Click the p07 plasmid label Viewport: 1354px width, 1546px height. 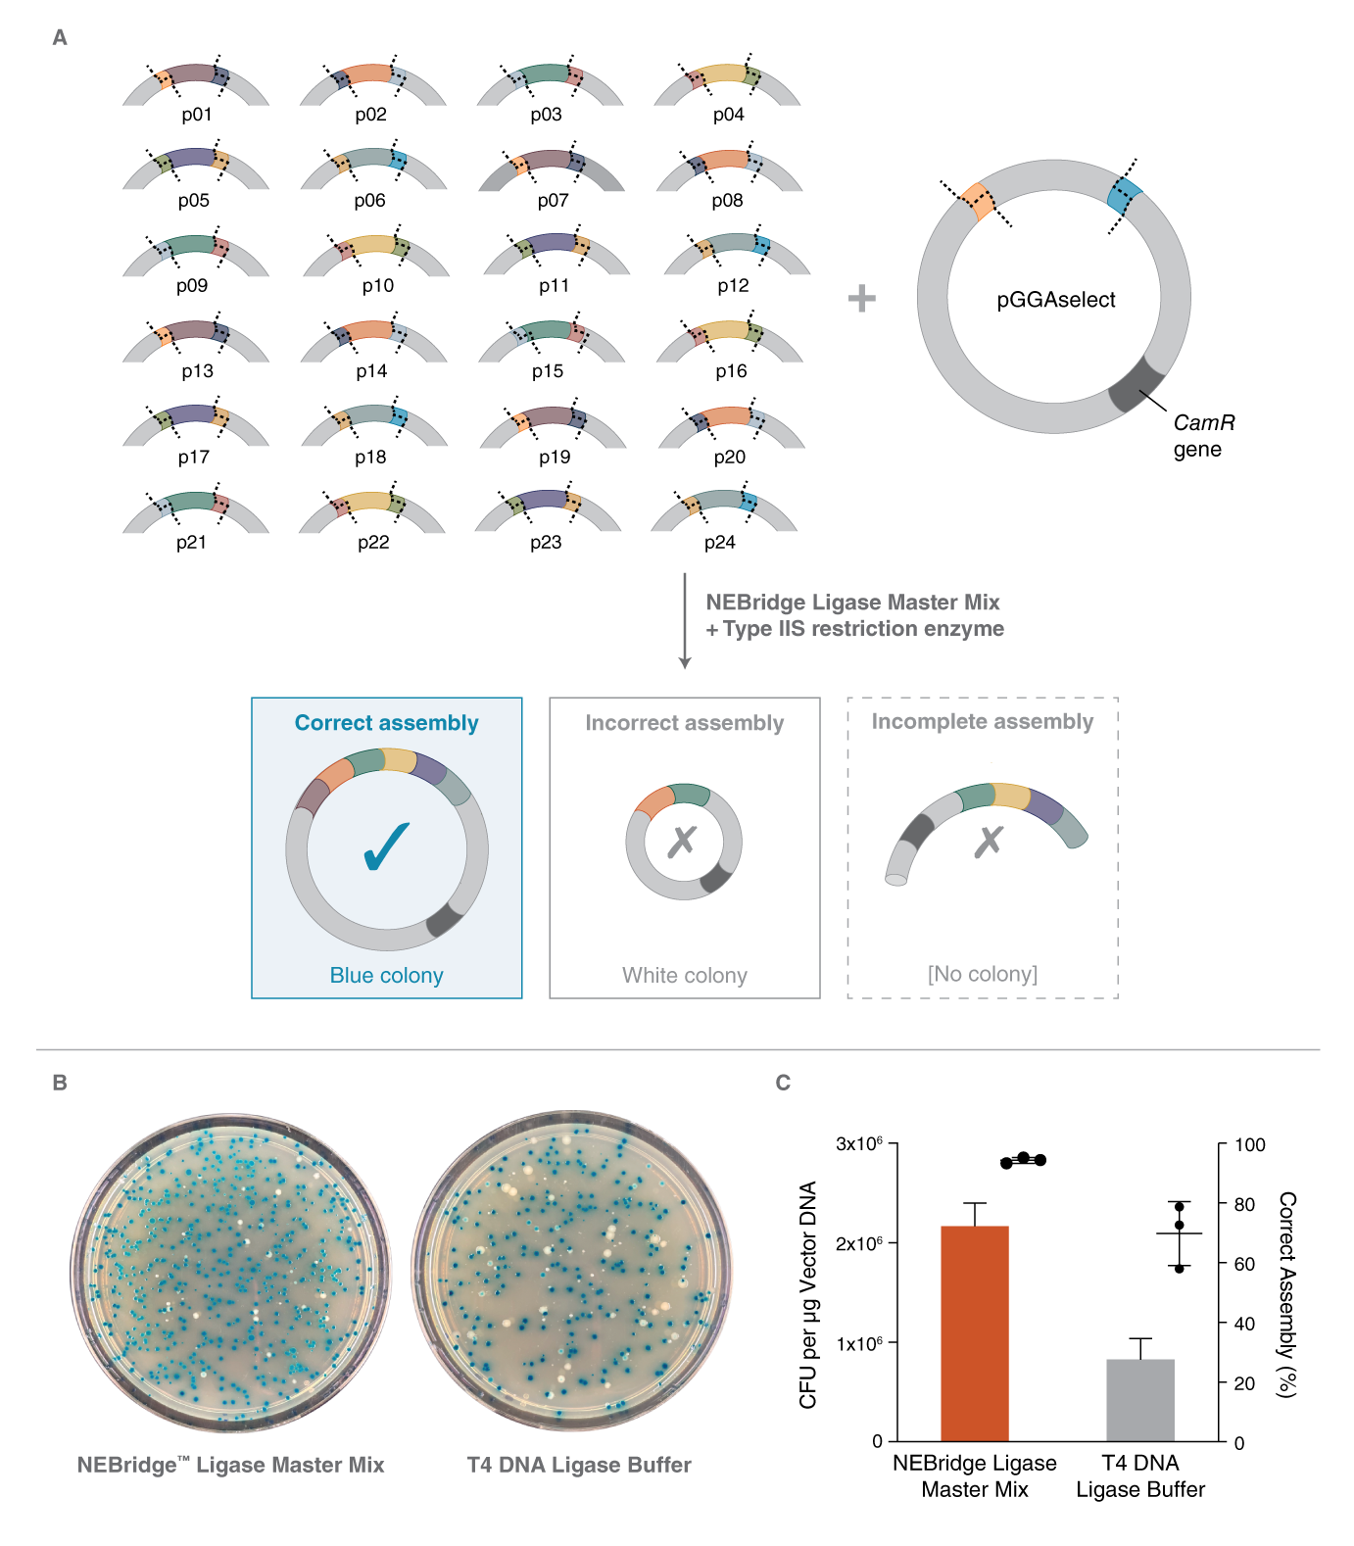pyautogui.click(x=553, y=201)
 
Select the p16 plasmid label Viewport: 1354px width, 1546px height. pyautogui.click(x=731, y=371)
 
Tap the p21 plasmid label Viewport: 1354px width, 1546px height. pyautogui.click(x=191, y=542)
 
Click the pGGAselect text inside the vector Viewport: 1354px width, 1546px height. pyautogui.click(x=1055, y=300)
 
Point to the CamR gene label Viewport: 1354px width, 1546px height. pyautogui.click(x=1203, y=435)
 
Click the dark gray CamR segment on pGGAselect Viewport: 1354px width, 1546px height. pyautogui.click(x=1136, y=384)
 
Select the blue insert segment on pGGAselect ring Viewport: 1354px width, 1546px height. pyautogui.click(x=1124, y=196)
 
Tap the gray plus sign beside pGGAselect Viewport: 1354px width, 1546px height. pyautogui.click(x=861, y=298)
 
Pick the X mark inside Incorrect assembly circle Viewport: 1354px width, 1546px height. pyautogui.click(x=682, y=841)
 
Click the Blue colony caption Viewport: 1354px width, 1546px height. pyautogui.click(x=386, y=975)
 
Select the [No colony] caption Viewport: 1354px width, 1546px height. pyautogui.click(x=982, y=974)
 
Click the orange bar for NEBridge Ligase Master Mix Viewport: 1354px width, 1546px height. pyautogui.click(x=974, y=1332)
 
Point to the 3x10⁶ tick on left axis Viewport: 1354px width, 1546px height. pyautogui.click(x=858, y=1143)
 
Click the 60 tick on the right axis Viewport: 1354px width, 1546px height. pyautogui.click(x=1244, y=1264)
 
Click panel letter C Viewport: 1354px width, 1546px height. pyautogui.click(x=783, y=1083)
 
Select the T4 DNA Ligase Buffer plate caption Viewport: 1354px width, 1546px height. pyautogui.click(x=578, y=1465)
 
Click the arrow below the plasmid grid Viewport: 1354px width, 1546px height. pyautogui.click(x=685, y=621)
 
